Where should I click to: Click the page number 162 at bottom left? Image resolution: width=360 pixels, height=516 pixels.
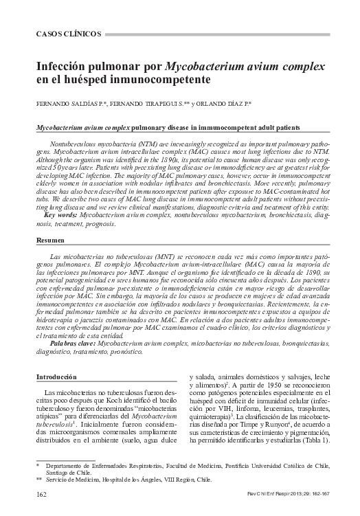41,494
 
